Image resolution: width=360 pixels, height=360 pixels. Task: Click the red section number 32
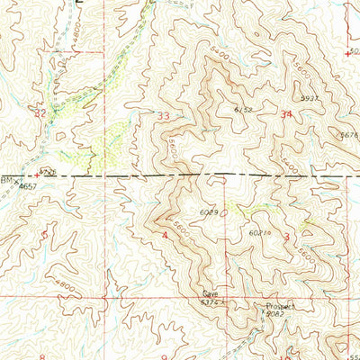(x=39, y=113)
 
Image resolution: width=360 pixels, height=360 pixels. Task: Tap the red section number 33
(x=164, y=116)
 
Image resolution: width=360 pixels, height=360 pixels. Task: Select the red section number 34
(x=287, y=114)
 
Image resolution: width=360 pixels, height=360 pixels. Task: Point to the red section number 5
(x=45, y=236)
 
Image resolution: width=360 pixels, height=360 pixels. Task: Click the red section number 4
(x=166, y=236)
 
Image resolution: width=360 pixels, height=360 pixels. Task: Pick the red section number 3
(x=286, y=237)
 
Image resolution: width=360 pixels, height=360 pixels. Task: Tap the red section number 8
(x=42, y=356)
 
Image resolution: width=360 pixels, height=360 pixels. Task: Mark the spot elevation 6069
(x=209, y=212)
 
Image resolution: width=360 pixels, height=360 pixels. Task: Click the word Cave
(x=210, y=294)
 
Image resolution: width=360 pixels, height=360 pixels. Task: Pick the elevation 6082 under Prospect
(x=275, y=315)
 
